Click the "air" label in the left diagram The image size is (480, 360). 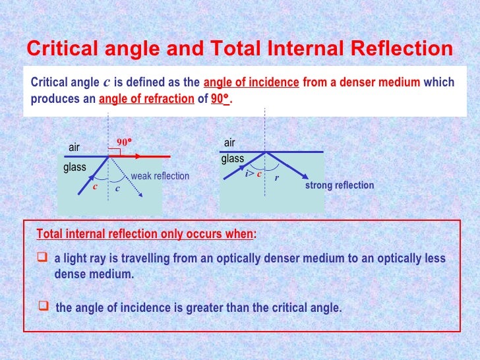[x=75, y=147]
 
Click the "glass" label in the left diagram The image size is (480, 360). [x=75, y=167]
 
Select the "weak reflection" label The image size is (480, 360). [x=160, y=176]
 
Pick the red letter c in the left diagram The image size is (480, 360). [x=95, y=187]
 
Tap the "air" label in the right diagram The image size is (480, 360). [x=229, y=142]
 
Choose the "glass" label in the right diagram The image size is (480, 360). [x=232, y=159]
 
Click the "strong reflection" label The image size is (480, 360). [x=339, y=185]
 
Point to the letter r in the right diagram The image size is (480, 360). [x=276, y=177]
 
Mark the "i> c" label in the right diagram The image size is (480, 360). [x=253, y=174]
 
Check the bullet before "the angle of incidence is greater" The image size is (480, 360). [x=44, y=306]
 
